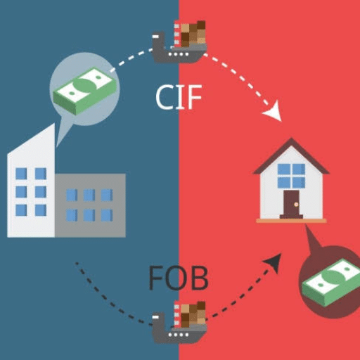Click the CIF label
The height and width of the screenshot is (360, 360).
[x=179, y=97]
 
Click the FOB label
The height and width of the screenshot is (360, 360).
[x=179, y=278]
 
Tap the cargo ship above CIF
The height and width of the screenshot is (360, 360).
[x=179, y=42]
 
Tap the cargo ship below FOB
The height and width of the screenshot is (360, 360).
[x=179, y=322]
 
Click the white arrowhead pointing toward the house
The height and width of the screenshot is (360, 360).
[x=274, y=112]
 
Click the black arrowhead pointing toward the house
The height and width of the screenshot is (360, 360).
[x=274, y=262]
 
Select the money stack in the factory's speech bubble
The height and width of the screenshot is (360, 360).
[x=85, y=91]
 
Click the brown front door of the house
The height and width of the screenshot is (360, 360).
[x=291, y=202]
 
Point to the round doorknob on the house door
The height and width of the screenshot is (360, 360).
[x=296, y=205]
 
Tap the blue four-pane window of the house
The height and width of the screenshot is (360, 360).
[x=291, y=176]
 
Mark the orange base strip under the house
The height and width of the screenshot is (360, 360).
[x=291, y=221]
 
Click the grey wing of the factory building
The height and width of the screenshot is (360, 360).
[x=90, y=205]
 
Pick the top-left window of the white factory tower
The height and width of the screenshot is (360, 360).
[x=21, y=174]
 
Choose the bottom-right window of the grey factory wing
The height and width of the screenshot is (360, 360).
[x=107, y=215]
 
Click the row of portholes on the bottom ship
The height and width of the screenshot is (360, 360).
[x=178, y=335]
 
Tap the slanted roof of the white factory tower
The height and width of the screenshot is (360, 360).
[x=31, y=139]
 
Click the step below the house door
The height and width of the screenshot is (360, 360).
[x=291, y=217]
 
